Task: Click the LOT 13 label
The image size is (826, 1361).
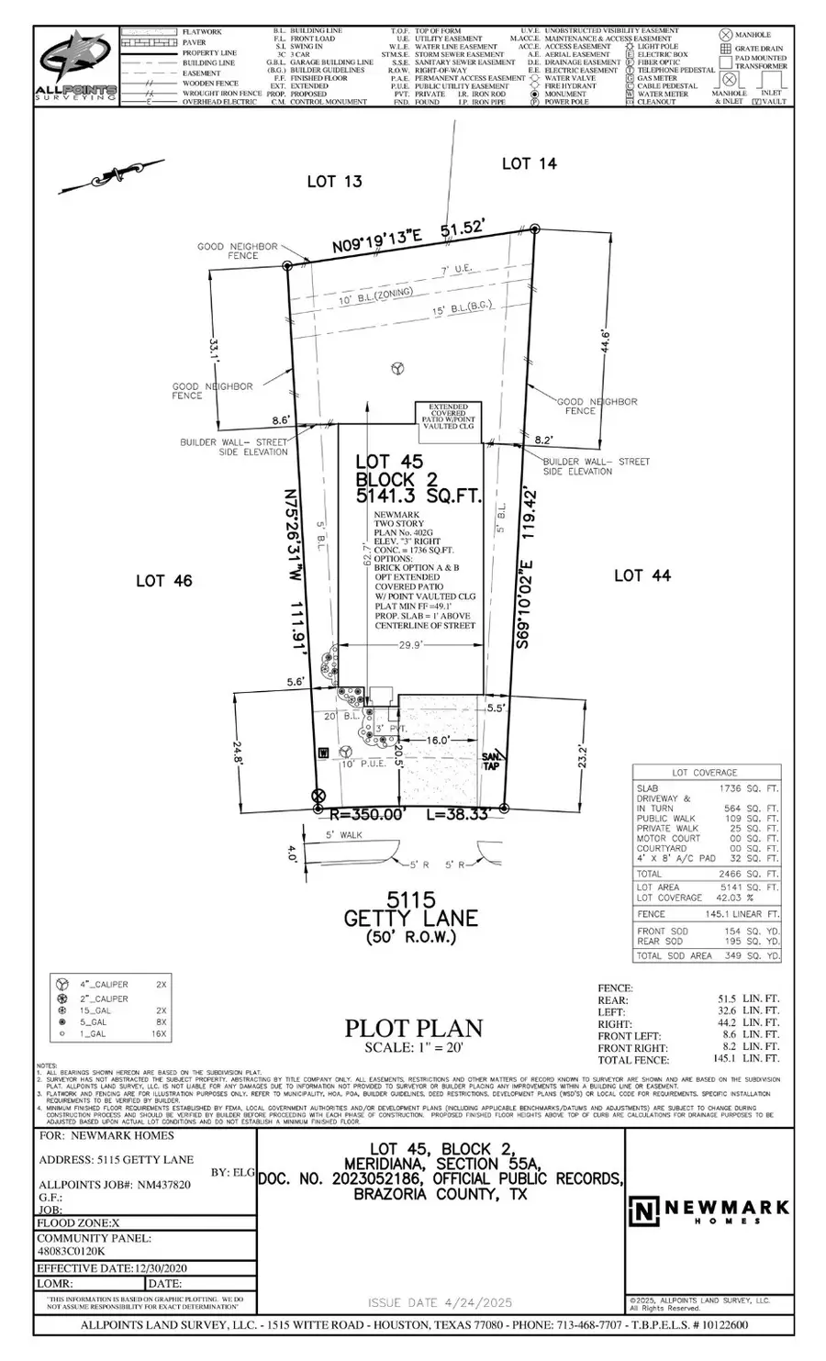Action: (334, 182)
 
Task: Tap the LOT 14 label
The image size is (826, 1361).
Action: (530, 163)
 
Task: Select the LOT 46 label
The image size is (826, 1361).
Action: (164, 580)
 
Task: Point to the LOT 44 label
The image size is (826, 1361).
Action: (642, 575)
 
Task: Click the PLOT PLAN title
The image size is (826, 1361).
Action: (413, 1029)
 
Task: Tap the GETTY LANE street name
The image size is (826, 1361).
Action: (410, 918)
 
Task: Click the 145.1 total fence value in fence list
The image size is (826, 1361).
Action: (729, 1059)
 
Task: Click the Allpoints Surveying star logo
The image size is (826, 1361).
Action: (75, 64)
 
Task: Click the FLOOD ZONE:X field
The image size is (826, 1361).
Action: (78, 1222)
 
